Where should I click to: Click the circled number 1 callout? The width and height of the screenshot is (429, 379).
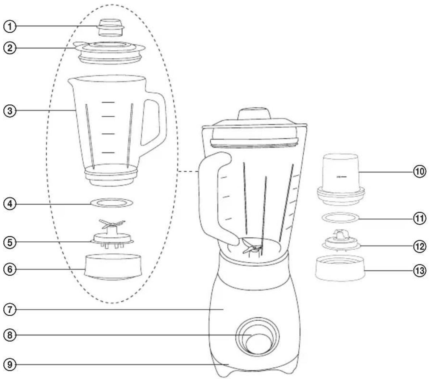point(9,26)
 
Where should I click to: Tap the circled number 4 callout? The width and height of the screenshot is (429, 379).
point(9,204)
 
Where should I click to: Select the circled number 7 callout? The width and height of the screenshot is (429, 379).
point(9,310)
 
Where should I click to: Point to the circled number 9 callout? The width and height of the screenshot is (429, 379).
point(9,365)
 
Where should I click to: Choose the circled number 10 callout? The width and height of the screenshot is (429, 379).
point(420,172)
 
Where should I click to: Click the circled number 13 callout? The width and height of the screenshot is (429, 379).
point(420,271)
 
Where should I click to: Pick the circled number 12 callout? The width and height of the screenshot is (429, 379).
point(420,246)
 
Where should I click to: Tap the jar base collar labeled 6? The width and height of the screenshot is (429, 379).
point(113,267)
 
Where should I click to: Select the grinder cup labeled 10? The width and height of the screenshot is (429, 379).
point(341,179)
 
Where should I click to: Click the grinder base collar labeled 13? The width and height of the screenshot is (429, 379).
point(340,268)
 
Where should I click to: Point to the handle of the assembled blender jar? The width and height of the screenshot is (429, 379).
point(208,197)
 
